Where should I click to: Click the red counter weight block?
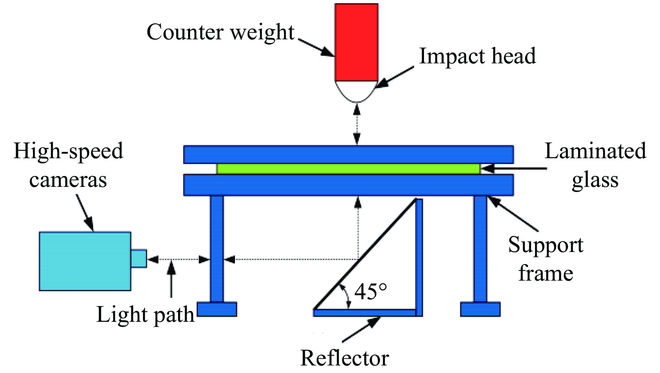[x=356, y=42]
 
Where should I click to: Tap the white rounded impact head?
[x=356, y=90]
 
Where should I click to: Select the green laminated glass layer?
[x=348, y=169]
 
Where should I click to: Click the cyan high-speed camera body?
[x=85, y=261]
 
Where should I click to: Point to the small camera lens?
[x=139, y=258]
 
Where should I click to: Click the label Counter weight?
[x=220, y=32]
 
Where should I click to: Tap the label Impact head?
[x=477, y=56]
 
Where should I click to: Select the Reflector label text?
[x=345, y=358]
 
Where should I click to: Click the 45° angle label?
[x=371, y=292]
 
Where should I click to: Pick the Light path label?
[x=145, y=315]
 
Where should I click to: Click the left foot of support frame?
[x=217, y=309]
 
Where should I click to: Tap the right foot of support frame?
[x=480, y=309]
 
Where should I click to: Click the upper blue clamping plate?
[x=348, y=155]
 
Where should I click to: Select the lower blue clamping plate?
[x=348, y=185]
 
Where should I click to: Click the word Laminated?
[x=595, y=151]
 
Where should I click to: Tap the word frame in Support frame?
[x=546, y=273]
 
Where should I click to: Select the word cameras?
[x=68, y=180]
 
